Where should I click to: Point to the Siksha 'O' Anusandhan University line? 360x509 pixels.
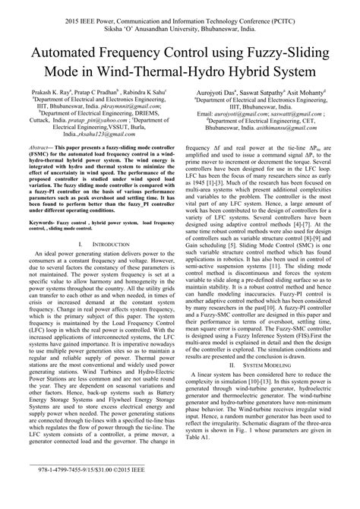[180, 24]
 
